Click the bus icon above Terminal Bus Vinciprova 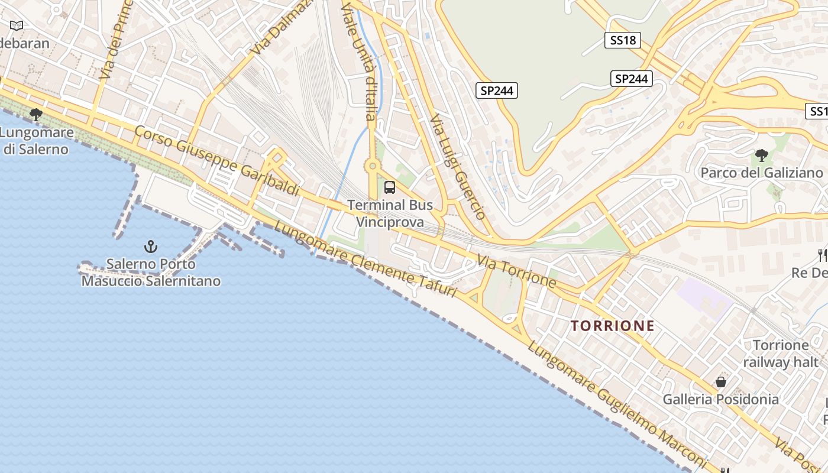pyautogui.click(x=389, y=187)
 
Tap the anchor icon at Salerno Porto pyautogui.click(x=151, y=246)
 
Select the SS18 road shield pyautogui.click(x=623, y=40)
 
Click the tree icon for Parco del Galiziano pyautogui.click(x=761, y=155)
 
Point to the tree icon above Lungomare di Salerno pyautogui.click(x=36, y=114)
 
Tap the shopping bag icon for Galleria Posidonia pyautogui.click(x=720, y=382)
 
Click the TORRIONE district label pyautogui.click(x=613, y=326)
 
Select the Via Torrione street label pyautogui.click(x=516, y=271)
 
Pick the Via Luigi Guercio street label pyautogui.click(x=458, y=167)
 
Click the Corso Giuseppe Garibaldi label pyautogui.click(x=216, y=160)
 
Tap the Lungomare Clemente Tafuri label pyautogui.click(x=365, y=260)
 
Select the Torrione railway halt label pyautogui.click(x=780, y=354)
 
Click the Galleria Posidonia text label pyautogui.click(x=720, y=400)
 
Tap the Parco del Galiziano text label pyautogui.click(x=761, y=173)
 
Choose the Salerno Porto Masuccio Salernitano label pyautogui.click(x=151, y=273)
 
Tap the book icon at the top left pyautogui.click(x=17, y=25)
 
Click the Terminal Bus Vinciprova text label pyautogui.click(x=390, y=213)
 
